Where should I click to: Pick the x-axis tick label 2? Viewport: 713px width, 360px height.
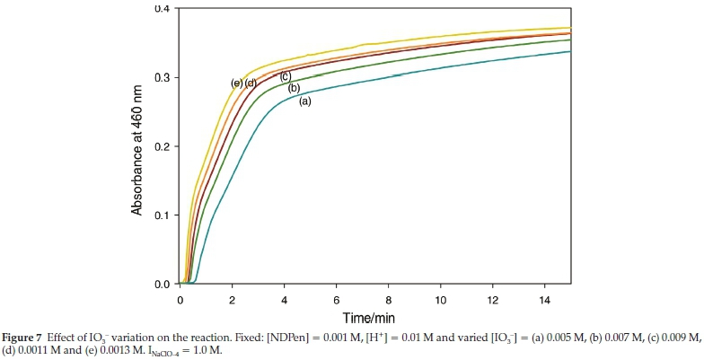point(233,298)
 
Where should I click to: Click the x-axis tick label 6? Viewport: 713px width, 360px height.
point(337,298)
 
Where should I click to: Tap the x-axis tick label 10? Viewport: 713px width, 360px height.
point(441,298)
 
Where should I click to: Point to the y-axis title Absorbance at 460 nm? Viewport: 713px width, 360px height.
point(137,146)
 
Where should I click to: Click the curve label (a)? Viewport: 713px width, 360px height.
point(304,101)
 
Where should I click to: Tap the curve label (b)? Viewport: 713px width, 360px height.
point(293,88)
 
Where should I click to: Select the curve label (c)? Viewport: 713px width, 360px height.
point(286,76)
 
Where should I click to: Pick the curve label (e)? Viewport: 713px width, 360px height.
point(237,83)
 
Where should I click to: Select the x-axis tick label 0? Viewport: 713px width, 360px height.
point(180,298)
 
